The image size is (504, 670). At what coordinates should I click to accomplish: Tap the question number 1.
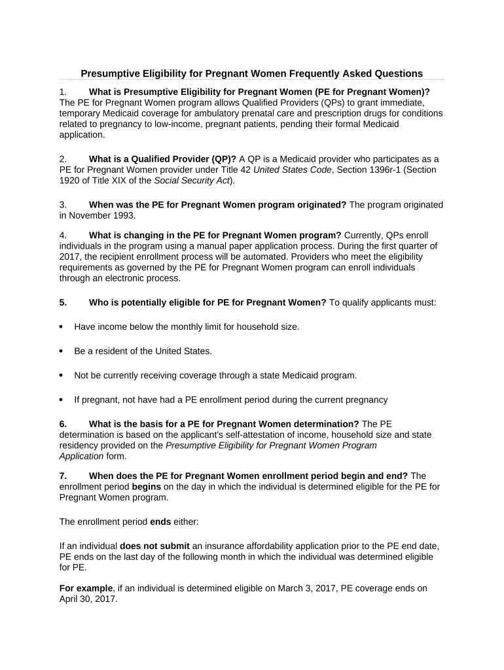62,92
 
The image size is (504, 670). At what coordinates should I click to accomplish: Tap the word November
89,215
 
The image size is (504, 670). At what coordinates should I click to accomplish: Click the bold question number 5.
63,302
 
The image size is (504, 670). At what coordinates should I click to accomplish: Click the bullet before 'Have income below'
62,326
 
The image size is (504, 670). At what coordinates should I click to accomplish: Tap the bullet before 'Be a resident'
62,351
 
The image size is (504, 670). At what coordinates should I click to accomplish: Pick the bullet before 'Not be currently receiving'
62,376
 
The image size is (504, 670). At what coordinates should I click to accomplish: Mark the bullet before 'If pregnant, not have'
62,400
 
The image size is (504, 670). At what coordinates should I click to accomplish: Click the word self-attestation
236,434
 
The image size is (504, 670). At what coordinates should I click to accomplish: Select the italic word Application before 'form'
81,456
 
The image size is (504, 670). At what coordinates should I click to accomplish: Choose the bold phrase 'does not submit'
154,546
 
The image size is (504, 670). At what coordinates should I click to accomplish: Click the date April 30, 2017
88,599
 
